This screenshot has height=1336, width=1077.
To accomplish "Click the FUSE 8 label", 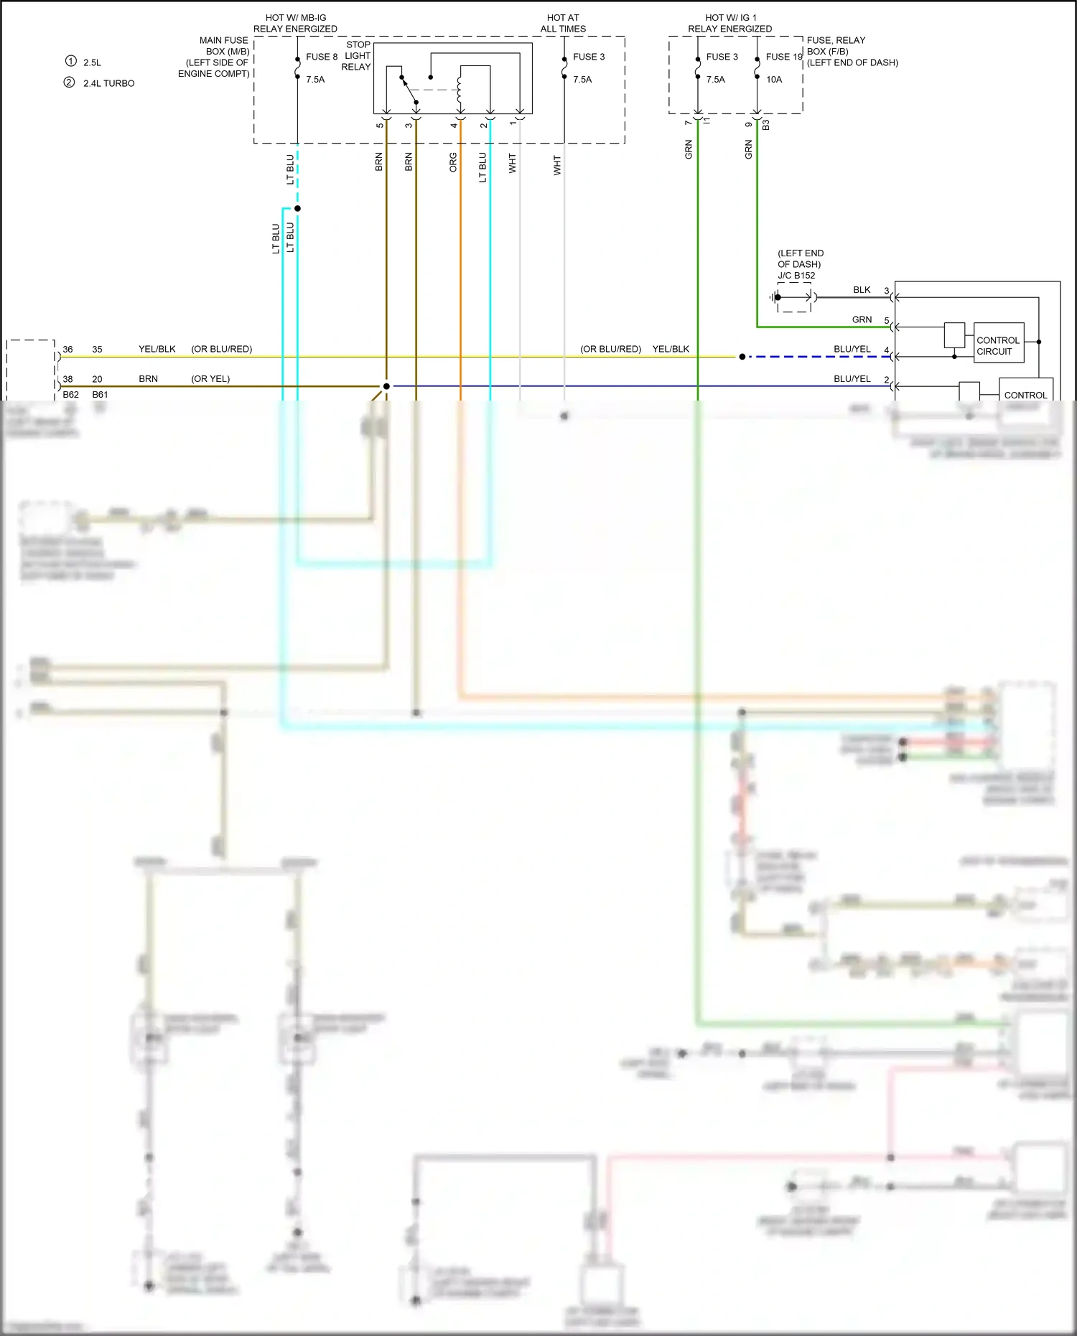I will (321, 57).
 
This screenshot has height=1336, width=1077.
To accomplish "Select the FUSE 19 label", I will (783, 57).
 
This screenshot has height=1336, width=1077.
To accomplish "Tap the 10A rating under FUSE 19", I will (773, 80).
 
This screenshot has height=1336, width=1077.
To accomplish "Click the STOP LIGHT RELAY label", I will (357, 55).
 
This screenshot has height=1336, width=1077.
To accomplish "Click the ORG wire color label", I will (453, 162).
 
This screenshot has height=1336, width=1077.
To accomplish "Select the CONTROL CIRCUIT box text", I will (997, 345).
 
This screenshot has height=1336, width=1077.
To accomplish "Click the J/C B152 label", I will (796, 276).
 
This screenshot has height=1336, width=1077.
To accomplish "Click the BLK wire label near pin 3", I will (862, 290).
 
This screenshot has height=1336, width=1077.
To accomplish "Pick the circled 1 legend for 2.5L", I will (70, 61).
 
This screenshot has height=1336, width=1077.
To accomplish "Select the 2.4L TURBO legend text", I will (108, 83).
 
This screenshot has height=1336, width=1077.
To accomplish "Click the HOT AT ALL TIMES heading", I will (563, 23).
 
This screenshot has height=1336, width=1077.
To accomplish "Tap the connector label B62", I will (70, 395).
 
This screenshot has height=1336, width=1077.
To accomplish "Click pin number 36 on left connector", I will (67, 350).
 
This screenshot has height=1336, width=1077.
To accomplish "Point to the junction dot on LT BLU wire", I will (297, 208).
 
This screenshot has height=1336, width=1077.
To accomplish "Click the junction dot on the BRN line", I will (386, 386).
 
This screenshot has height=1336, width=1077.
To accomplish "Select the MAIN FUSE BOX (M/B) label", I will (223, 46).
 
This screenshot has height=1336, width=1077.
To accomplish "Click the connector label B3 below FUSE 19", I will (765, 125).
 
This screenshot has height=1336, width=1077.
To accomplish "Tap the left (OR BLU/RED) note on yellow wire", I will (221, 350).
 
